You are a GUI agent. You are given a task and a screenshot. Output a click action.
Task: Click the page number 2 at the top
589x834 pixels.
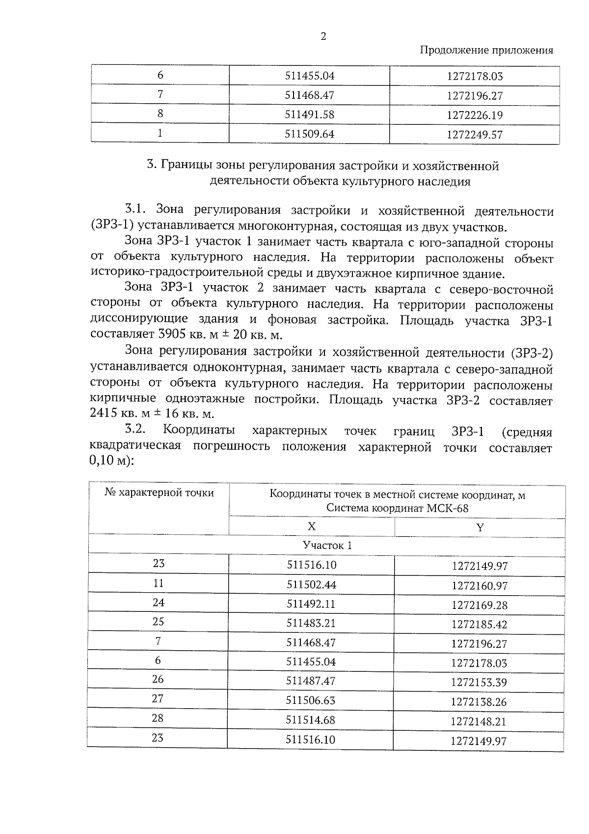pos(323,36)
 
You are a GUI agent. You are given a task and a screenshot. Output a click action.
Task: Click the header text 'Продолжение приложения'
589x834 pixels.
pos(486,50)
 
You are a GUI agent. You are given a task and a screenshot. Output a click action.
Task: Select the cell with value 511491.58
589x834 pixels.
pos(309,115)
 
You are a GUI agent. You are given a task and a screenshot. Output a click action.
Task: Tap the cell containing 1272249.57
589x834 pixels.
pos(475,135)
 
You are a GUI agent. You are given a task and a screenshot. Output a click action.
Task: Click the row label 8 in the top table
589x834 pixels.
pos(160,114)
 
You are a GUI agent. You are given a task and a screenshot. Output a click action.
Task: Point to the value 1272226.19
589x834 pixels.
pos(475,115)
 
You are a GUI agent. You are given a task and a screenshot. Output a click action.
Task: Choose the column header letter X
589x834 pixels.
pos(311,526)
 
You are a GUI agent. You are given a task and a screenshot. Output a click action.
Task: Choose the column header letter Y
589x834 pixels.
pos(480,528)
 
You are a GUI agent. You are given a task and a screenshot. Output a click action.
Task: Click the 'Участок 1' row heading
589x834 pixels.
pos(327,546)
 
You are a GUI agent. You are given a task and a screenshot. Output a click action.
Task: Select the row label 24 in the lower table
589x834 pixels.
pos(158,603)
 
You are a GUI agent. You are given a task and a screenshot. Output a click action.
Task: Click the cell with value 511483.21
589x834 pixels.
pos(311,623)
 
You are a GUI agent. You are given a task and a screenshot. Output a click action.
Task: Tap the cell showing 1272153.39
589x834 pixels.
pos(479,683)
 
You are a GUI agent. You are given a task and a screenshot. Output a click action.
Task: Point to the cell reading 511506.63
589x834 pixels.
pos(311,700)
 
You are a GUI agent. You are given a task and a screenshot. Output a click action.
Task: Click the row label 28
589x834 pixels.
pos(158,718)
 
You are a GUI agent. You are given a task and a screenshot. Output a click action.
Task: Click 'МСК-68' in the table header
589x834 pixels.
pos(447,508)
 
